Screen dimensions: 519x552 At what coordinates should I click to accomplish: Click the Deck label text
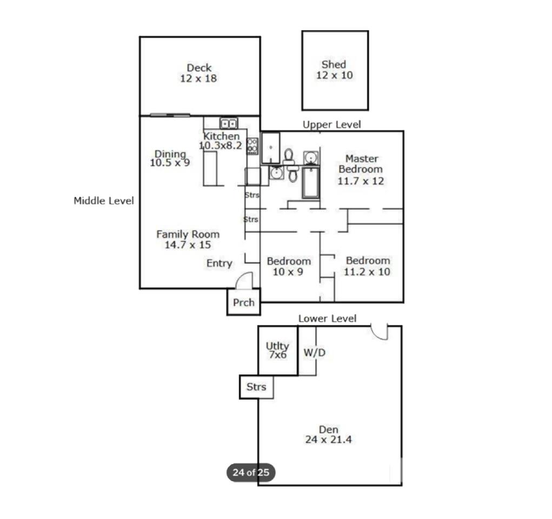click(199, 68)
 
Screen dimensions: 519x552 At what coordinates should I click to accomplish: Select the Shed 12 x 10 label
click(334, 70)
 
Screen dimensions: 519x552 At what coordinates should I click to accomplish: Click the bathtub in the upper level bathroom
click(311, 183)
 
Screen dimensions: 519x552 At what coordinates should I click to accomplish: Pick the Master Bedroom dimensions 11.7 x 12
click(361, 181)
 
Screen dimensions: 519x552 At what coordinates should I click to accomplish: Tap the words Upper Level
click(331, 125)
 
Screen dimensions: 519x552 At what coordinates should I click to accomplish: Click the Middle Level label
click(103, 201)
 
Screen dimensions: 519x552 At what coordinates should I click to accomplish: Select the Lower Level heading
click(327, 318)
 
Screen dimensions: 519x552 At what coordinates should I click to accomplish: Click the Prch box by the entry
click(243, 303)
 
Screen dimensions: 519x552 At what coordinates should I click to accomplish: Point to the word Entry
click(219, 263)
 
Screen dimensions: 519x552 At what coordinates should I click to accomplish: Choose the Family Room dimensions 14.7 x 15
click(188, 245)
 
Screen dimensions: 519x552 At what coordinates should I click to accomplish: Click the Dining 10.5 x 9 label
click(170, 158)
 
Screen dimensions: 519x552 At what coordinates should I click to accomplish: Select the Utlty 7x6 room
click(277, 350)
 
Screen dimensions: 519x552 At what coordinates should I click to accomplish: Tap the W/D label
click(314, 353)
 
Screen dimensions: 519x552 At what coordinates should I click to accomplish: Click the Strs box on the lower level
click(256, 387)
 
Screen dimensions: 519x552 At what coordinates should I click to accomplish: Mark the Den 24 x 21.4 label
click(329, 435)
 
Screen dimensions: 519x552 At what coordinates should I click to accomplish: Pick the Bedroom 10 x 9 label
click(288, 267)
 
